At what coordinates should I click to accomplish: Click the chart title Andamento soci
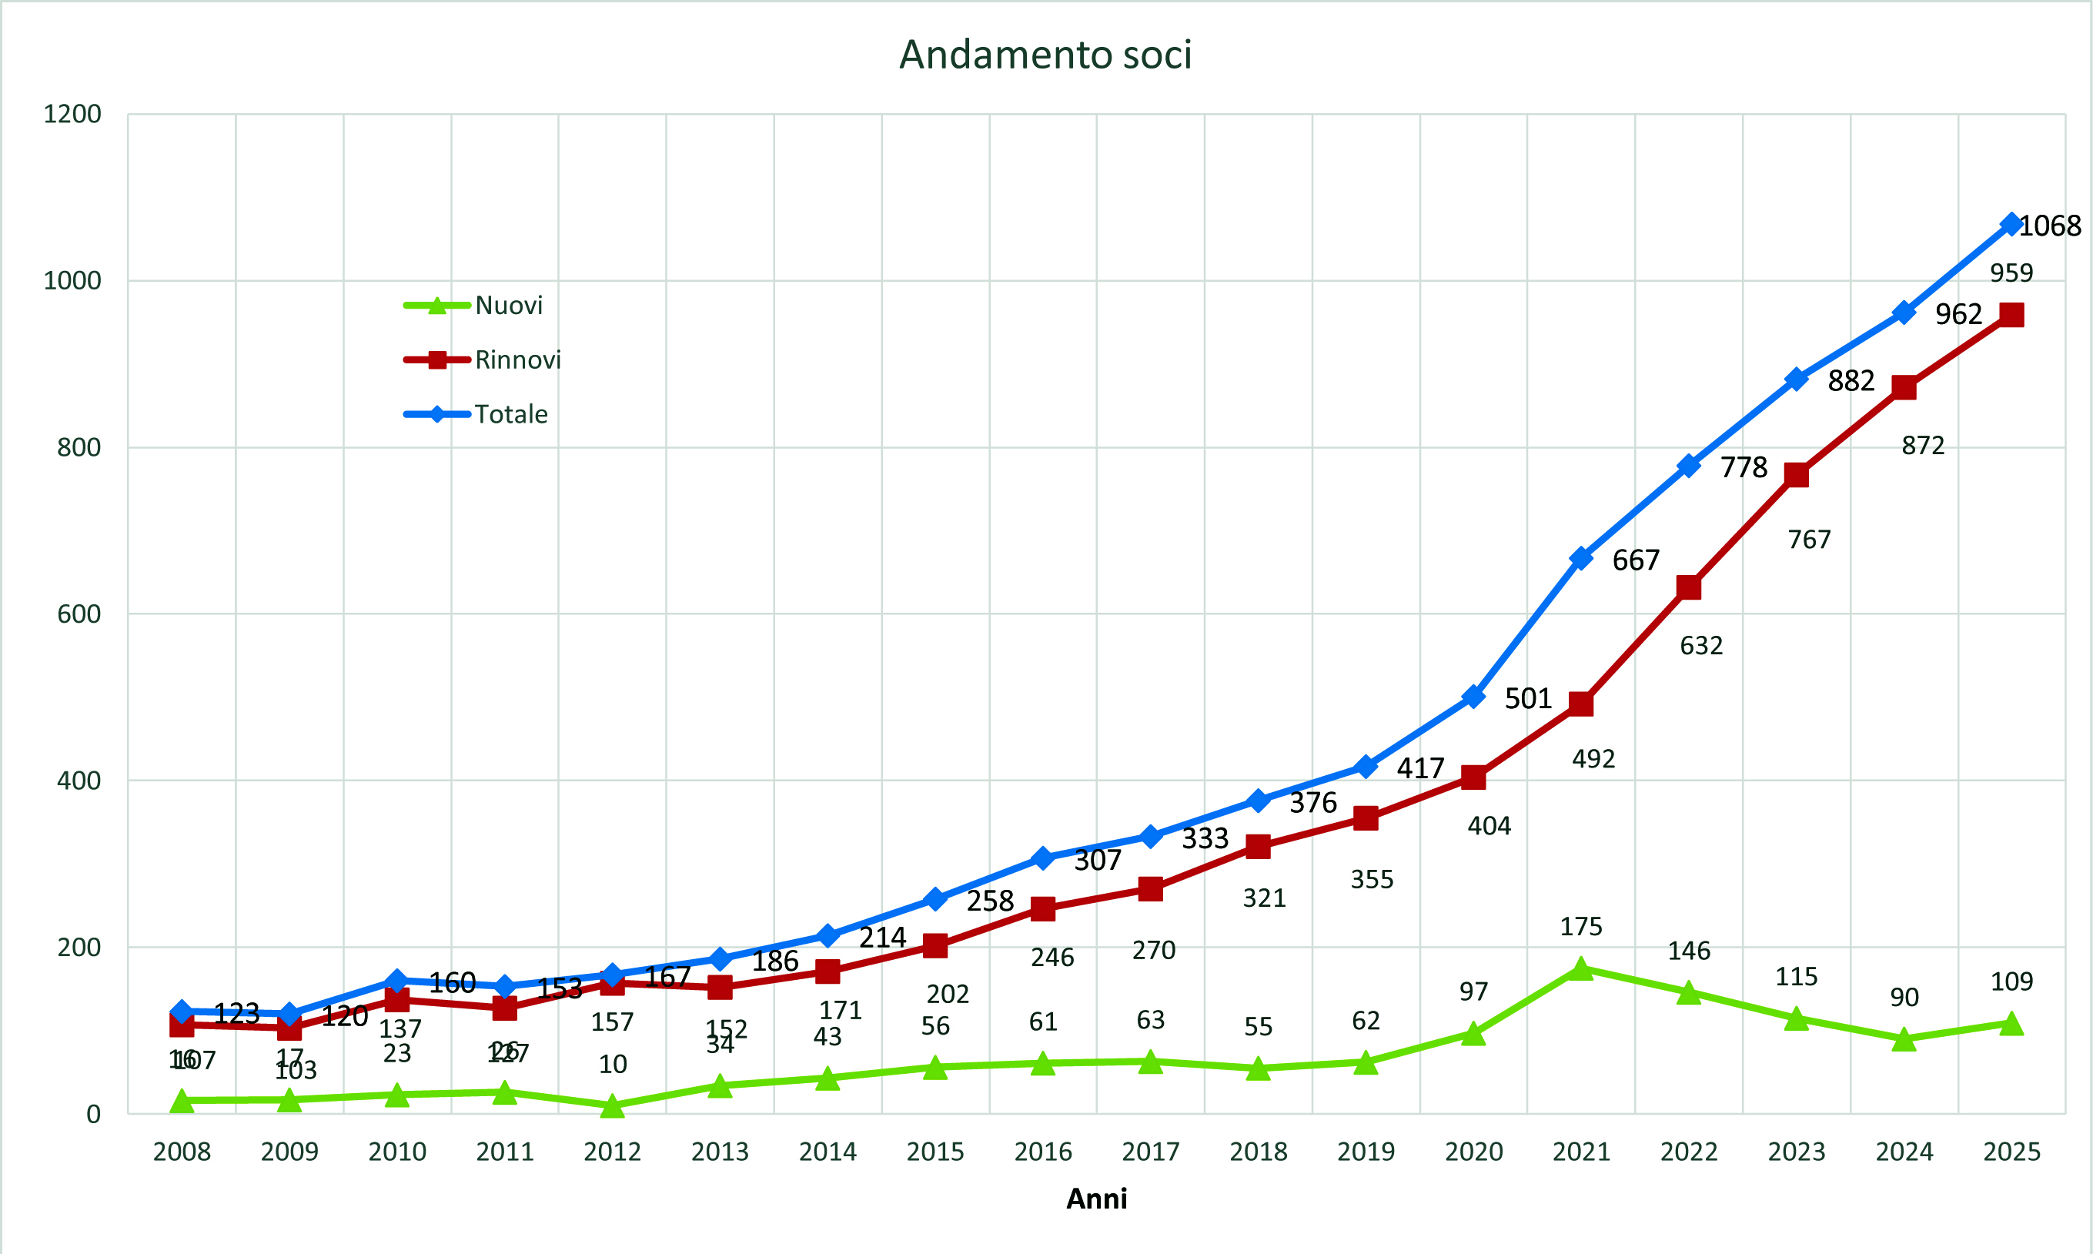click(x=1045, y=55)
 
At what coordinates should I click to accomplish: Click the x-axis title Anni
click(x=1096, y=1199)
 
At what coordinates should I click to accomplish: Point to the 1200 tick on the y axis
click(x=72, y=114)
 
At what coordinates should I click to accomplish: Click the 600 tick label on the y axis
click(x=79, y=614)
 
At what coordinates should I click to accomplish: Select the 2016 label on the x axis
click(x=1043, y=1151)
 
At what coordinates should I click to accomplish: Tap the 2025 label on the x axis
click(x=2011, y=1151)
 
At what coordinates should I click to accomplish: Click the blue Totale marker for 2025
click(x=2011, y=225)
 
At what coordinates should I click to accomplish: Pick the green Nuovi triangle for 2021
click(x=1580, y=969)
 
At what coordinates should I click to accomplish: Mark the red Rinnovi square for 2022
click(x=1688, y=587)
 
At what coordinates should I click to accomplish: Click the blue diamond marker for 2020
click(x=1473, y=697)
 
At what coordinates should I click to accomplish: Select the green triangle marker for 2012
click(x=612, y=1106)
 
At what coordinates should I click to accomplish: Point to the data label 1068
click(x=2050, y=226)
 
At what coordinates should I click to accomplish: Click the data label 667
click(x=1636, y=560)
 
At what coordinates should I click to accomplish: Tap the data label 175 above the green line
click(x=1580, y=927)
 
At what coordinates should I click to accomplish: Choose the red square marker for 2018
click(x=1257, y=847)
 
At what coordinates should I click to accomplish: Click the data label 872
click(x=1922, y=445)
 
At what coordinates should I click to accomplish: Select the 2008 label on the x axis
click(x=182, y=1151)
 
